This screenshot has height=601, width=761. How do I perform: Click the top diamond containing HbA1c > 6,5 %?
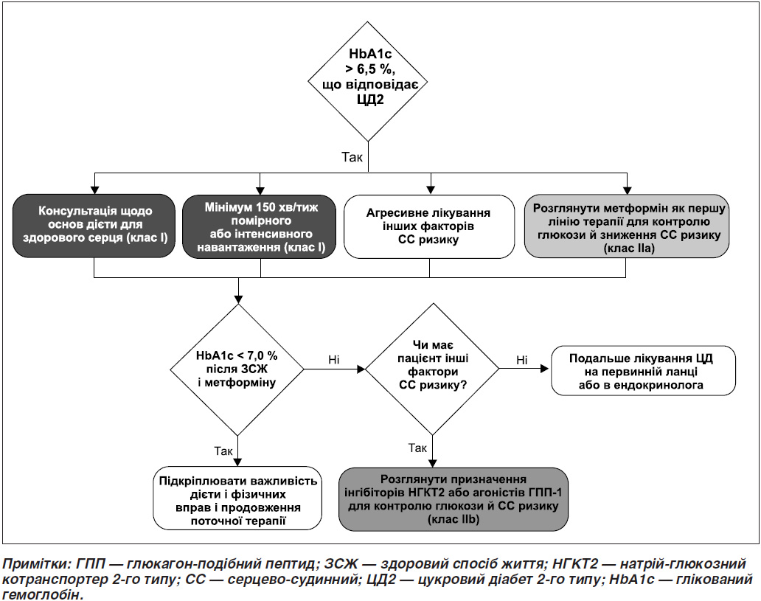pyautogui.click(x=368, y=81)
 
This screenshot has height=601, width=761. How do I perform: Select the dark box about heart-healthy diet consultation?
pyautogui.click(x=94, y=226)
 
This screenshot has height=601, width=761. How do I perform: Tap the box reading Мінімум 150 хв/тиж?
pyautogui.click(x=260, y=226)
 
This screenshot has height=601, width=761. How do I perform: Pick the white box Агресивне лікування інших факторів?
pyautogui.click(x=429, y=226)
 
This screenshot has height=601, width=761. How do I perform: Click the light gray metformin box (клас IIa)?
pyautogui.click(x=627, y=226)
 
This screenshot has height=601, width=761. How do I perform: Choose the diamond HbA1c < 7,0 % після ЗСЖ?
pyautogui.click(x=237, y=369)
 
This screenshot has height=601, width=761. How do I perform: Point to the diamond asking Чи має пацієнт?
pyautogui.click(x=432, y=369)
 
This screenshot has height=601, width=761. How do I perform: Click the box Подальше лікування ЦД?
pyautogui.click(x=644, y=370)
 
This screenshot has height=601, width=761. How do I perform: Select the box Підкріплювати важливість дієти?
pyautogui.click(x=237, y=498)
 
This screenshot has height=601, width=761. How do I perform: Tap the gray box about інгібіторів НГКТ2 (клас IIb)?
pyautogui.click(x=454, y=499)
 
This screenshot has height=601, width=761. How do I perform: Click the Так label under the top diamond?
pyautogui.click(x=352, y=157)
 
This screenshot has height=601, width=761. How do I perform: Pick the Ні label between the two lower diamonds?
pyautogui.click(x=334, y=360)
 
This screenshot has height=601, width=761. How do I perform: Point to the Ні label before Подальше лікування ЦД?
pyautogui.click(x=522, y=360)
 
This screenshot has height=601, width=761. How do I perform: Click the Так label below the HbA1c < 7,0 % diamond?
pyautogui.click(x=223, y=451)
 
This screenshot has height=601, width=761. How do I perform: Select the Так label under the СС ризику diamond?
pyautogui.click(x=417, y=448)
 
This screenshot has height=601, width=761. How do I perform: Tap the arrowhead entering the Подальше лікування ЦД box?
pyautogui.click(x=545, y=369)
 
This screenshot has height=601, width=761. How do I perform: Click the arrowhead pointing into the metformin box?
pyautogui.click(x=627, y=190)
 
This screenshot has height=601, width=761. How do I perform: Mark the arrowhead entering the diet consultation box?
pyautogui.click(x=94, y=190)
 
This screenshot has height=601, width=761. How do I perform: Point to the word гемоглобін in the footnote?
pyautogui.click(x=40, y=594)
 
